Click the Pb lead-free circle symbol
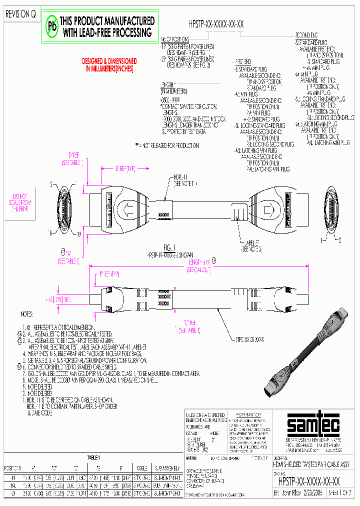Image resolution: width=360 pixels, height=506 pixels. [51, 26]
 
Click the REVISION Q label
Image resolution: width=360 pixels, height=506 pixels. [20, 14]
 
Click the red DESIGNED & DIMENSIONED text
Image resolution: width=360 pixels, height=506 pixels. [109, 64]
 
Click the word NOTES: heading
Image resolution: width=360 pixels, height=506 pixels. [26, 314]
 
